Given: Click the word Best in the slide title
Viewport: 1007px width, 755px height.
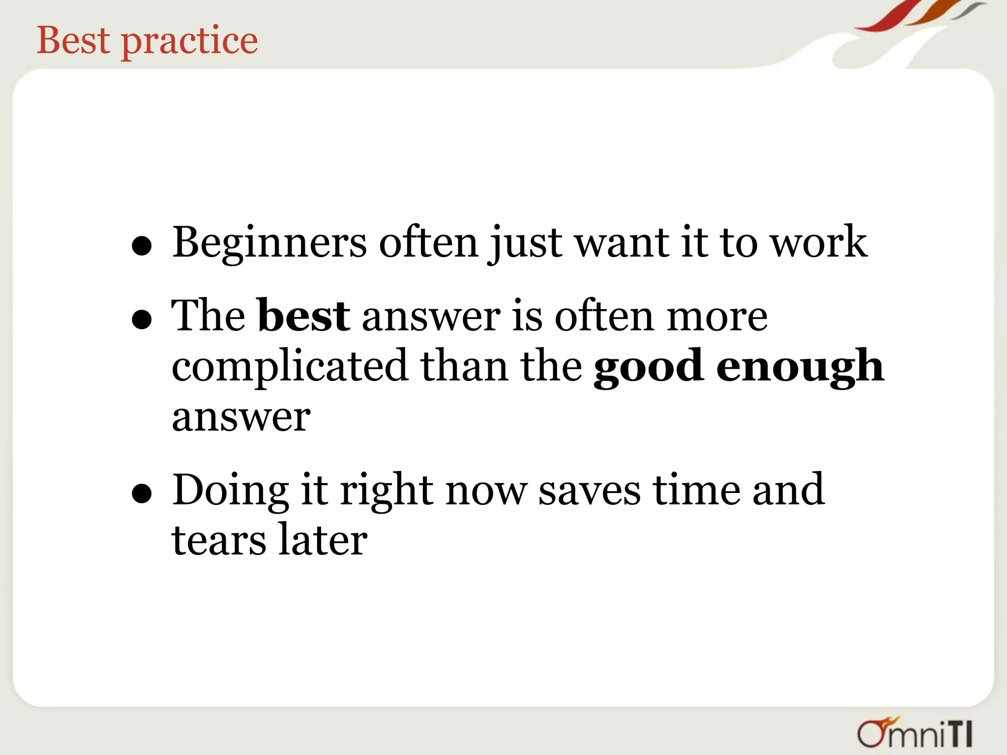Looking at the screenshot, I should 73,40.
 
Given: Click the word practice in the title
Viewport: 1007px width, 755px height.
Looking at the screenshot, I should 189,42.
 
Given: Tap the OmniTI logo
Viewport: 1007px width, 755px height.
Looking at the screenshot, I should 915,733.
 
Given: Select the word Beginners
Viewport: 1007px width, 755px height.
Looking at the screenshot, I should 269,243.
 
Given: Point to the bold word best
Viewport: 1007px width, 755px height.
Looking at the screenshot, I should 303,316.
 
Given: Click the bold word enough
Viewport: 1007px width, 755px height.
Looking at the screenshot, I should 800,367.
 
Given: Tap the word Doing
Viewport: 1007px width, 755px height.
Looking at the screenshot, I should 230,491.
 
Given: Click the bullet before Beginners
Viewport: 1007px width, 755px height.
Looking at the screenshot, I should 142,246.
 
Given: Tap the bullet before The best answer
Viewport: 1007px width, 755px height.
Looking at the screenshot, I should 142,319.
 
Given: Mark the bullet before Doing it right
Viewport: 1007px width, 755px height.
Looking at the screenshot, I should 142,494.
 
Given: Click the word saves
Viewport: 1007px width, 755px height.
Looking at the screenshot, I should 590,491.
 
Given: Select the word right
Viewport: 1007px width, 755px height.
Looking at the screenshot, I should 386,491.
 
